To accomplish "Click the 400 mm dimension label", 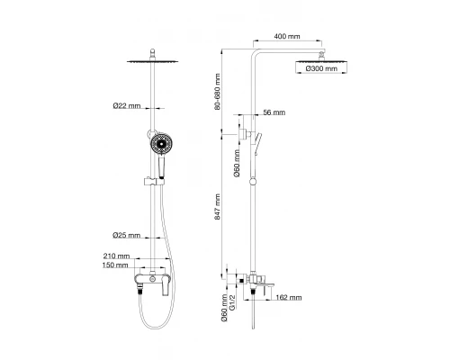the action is pyautogui.click(x=287, y=36).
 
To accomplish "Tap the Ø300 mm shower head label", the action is pyautogui.click(x=321, y=68).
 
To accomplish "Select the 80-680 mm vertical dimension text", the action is pyautogui.click(x=218, y=92).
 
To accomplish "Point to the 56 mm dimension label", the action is pyautogui.click(x=274, y=112).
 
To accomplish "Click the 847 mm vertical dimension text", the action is pyautogui.click(x=217, y=207).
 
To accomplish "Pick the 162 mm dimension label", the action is pyautogui.click(x=289, y=298).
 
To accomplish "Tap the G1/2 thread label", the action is pyautogui.click(x=232, y=302).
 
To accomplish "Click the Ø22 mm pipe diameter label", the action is pyautogui.click(x=127, y=105).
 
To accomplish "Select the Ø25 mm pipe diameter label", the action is pyautogui.click(x=126, y=236).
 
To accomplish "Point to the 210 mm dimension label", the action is pyautogui.click(x=116, y=256).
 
